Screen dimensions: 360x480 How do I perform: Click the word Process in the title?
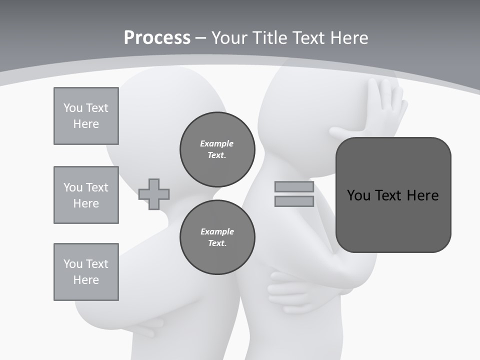pos(157,38)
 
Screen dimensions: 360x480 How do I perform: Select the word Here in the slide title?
pos(346,38)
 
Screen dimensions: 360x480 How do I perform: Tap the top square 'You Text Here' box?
pos(86,116)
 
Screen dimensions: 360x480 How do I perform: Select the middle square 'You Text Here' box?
pos(86,195)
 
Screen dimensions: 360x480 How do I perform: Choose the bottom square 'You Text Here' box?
pos(86,272)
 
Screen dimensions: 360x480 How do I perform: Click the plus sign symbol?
pos(154,194)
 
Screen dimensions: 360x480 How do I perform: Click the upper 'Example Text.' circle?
pos(217,149)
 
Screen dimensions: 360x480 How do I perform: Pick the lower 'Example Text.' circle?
pos(217,237)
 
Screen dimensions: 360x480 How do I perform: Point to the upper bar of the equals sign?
pos(294,187)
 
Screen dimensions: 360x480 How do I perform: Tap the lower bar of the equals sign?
pos(294,201)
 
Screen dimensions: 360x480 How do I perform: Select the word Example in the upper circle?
pos(217,144)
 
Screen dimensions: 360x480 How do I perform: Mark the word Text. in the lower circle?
pos(217,243)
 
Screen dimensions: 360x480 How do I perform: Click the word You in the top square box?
pos(72,108)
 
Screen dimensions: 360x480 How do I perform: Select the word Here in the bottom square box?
pos(86,280)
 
